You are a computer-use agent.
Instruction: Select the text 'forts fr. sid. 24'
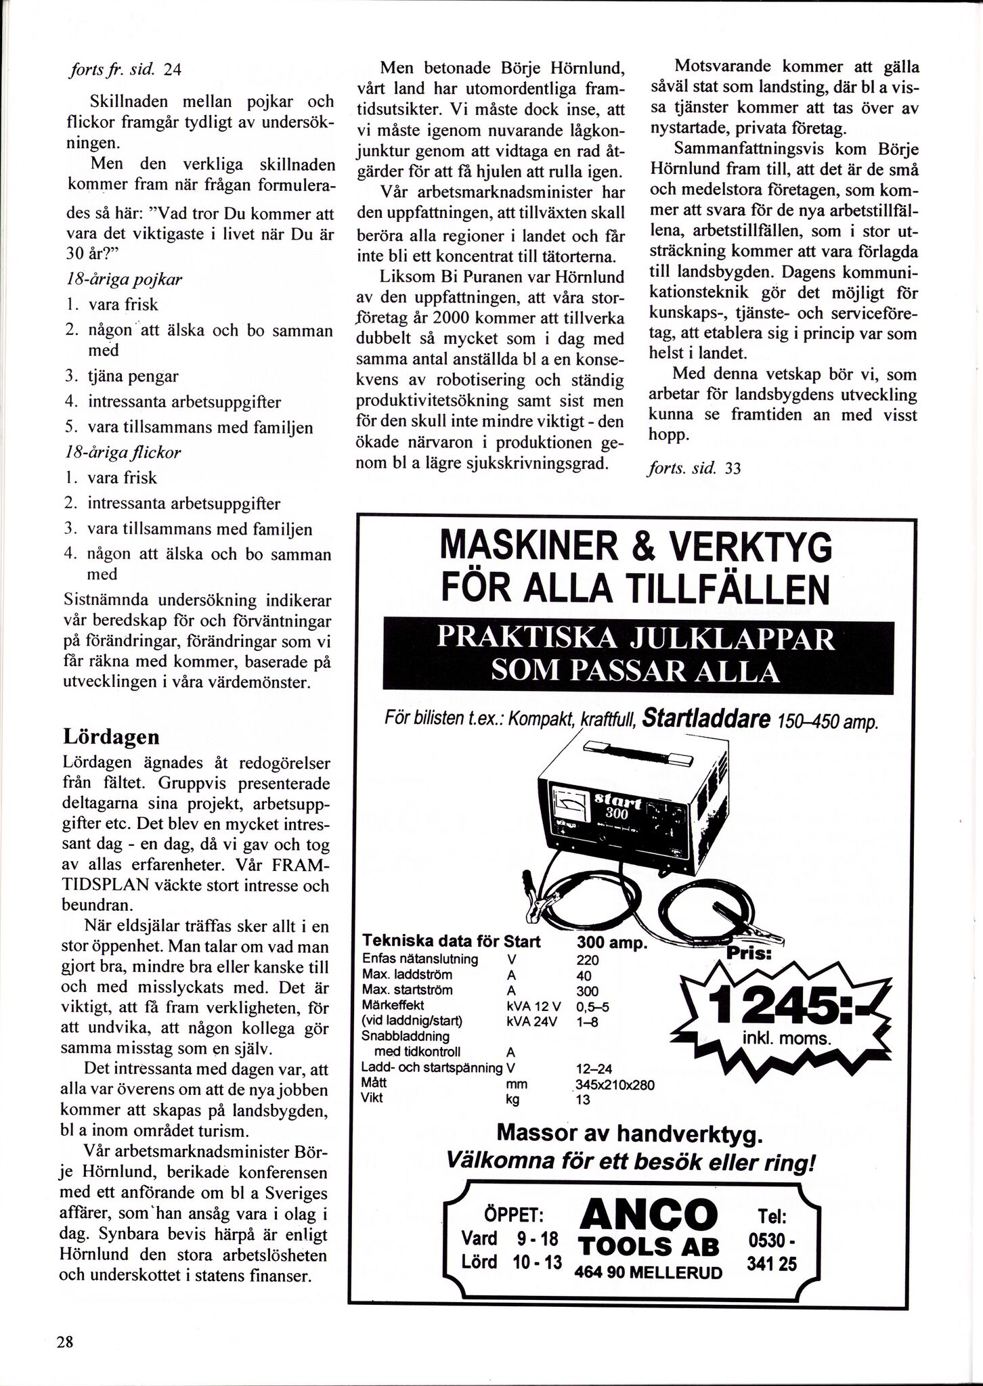point(124,70)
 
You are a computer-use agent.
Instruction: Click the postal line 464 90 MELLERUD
point(648,1272)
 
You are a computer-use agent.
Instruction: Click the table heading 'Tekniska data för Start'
point(452,941)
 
